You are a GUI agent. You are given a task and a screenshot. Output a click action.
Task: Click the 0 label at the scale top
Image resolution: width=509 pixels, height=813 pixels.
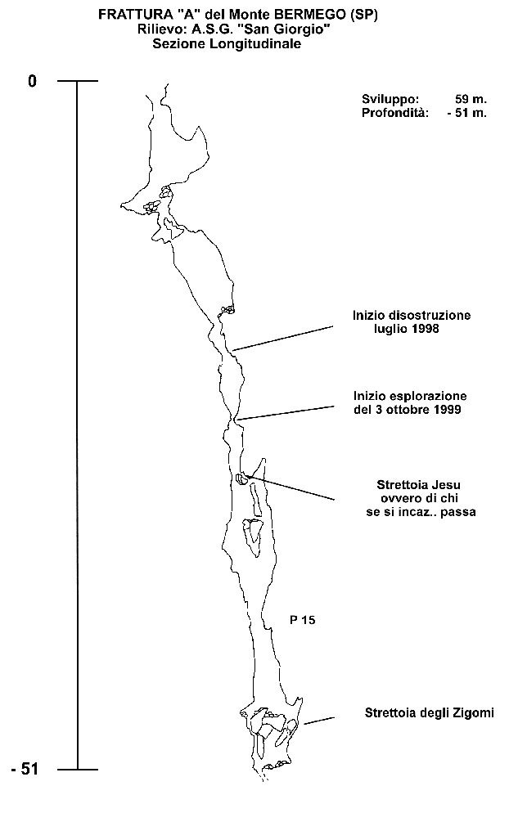pos(33,82)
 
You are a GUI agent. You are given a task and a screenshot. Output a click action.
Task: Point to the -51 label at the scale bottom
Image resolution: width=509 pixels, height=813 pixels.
pos(25,769)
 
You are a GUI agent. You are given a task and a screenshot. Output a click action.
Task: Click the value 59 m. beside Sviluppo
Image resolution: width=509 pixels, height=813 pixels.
pos(471,99)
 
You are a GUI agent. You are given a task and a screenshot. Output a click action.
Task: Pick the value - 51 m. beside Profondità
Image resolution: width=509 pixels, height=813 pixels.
pos(467,113)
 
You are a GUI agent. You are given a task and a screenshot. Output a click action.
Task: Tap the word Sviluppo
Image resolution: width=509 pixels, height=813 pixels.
pos(390,100)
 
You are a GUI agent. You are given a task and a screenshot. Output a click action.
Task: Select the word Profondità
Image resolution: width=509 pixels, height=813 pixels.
pos(395,113)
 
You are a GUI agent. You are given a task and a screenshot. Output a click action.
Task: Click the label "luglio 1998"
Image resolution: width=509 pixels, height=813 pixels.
pos(407,329)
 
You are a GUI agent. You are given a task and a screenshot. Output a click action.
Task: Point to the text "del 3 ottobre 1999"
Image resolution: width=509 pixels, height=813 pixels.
pos(408,410)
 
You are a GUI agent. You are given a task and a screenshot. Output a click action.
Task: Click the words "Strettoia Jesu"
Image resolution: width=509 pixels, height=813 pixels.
pos(419,485)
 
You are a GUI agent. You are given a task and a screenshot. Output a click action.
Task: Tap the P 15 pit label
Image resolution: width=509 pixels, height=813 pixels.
pos(303,620)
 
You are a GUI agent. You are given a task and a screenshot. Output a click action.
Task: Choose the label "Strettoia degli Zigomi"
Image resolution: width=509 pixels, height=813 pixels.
pos(430,713)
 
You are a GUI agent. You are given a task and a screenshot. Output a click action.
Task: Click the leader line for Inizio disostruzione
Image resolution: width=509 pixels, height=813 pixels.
pos(283,339)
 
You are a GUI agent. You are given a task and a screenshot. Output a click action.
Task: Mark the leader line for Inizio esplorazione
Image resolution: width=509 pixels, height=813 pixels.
pos(286,413)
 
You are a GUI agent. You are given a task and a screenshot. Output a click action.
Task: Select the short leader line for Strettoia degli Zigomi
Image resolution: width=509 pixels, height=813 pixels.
pos(318,721)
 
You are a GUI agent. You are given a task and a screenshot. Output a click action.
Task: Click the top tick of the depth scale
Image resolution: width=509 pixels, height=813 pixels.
pos(78,81)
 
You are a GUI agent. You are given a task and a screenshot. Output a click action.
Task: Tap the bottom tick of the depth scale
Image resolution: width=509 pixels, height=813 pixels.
pos(78,770)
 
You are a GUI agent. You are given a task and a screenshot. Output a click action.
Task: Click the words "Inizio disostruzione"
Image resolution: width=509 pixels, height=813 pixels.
pos(412,315)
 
